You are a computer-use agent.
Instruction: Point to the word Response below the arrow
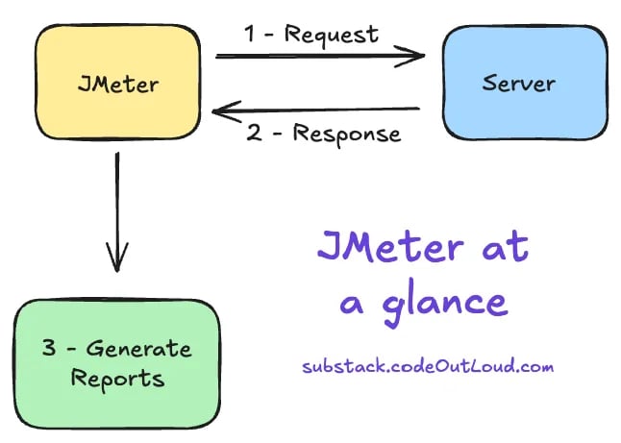(x=346, y=134)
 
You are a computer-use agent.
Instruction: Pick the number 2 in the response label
(x=253, y=134)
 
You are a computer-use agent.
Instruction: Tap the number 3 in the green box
(x=49, y=349)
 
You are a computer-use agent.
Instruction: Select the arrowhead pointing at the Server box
(x=415, y=56)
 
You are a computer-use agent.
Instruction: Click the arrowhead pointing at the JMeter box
(x=222, y=111)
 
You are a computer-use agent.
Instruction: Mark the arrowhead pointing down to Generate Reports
(x=117, y=259)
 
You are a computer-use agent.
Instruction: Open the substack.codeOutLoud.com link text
(x=428, y=366)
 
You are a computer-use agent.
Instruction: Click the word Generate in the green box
(x=141, y=349)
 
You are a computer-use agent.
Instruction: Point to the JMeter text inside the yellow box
(x=117, y=84)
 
